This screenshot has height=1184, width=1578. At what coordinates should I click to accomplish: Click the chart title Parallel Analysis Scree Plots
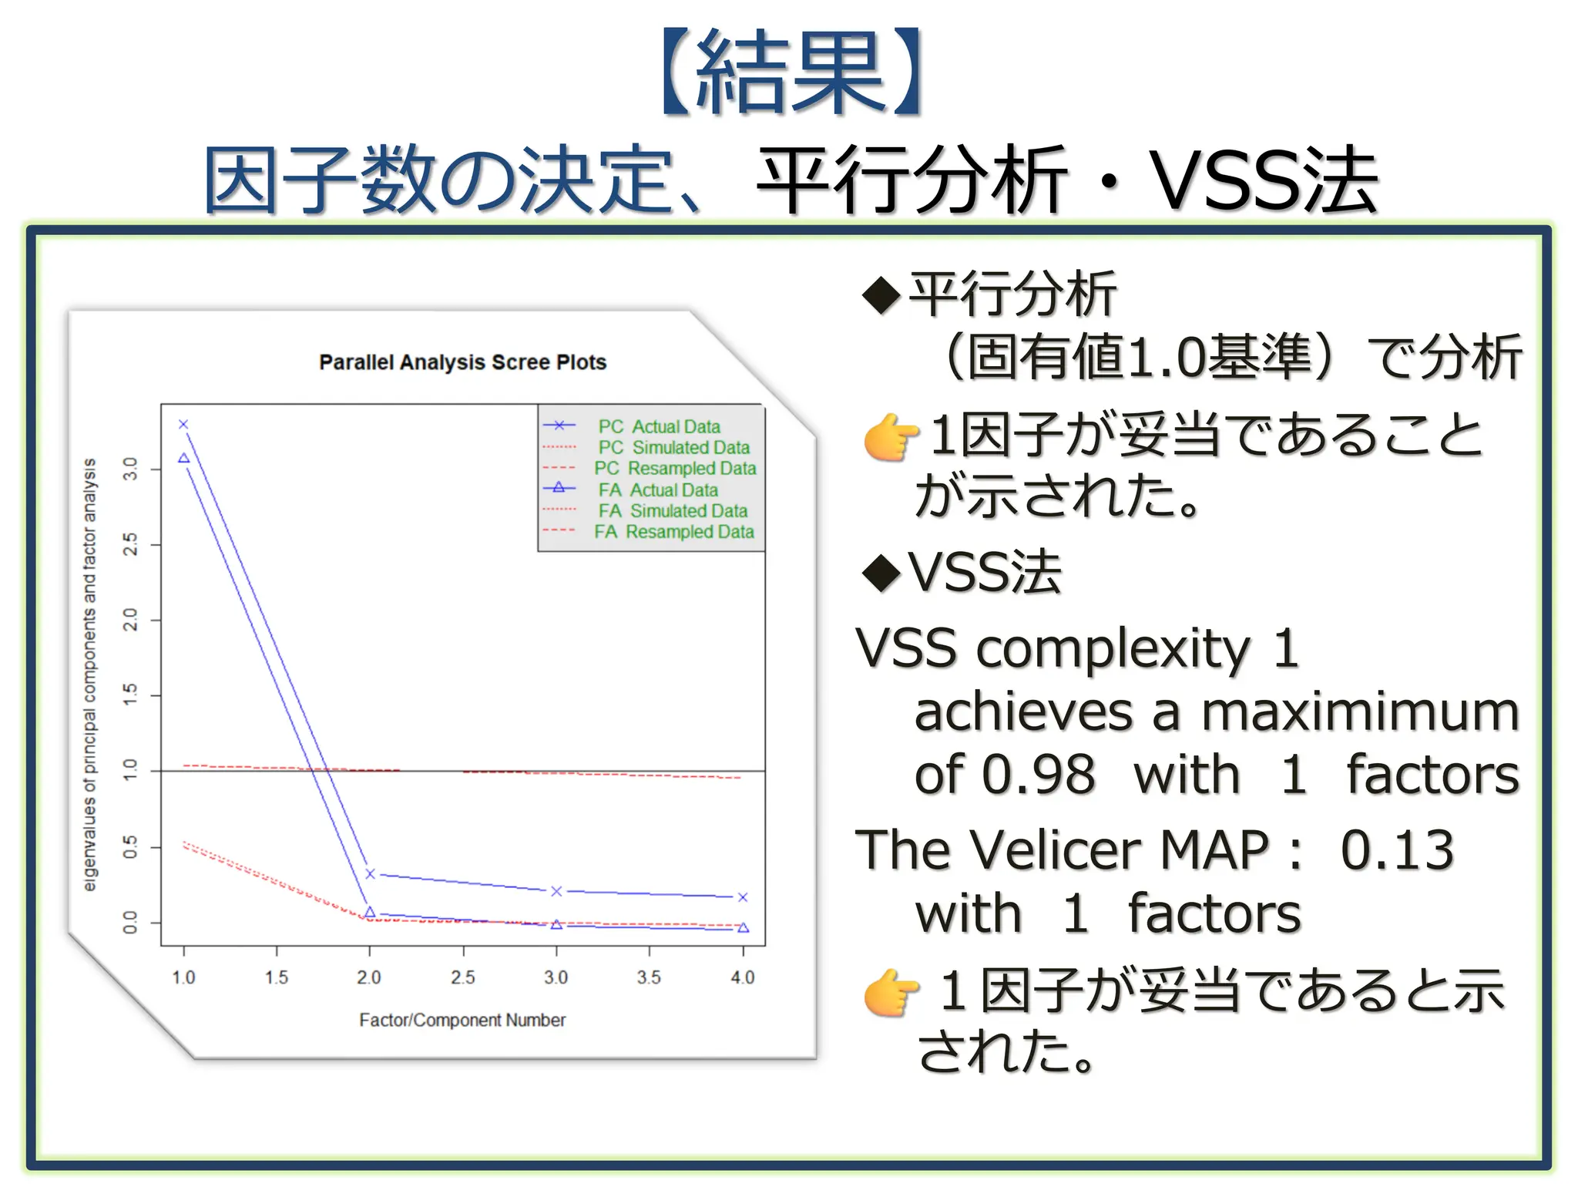click(462, 362)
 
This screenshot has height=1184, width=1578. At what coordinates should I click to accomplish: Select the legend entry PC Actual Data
click(659, 426)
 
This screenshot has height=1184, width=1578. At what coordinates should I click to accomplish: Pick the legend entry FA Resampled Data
click(673, 532)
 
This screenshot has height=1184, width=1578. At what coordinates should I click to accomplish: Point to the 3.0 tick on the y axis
click(131, 469)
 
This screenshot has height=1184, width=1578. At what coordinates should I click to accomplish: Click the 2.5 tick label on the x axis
click(462, 977)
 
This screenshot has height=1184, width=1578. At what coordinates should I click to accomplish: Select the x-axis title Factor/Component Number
click(462, 1020)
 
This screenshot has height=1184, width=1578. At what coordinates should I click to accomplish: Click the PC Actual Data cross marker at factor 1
click(183, 425)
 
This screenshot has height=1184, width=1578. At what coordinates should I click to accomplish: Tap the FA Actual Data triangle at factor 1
click(183, 458)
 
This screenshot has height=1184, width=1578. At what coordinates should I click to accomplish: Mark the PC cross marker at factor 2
click(370, 874)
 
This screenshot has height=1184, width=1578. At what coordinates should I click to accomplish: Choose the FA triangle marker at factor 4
click(743, 928)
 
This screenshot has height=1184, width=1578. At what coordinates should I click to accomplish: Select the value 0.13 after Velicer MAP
click(1396, 850)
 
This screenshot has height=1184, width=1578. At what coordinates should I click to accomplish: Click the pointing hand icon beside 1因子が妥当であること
click(891, 437)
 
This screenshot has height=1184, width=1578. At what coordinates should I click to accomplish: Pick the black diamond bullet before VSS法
click(881, 572)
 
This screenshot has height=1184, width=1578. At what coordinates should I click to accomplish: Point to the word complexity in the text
click(1113, 649)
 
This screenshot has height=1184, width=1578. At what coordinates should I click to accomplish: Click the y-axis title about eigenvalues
click(90, 674)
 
